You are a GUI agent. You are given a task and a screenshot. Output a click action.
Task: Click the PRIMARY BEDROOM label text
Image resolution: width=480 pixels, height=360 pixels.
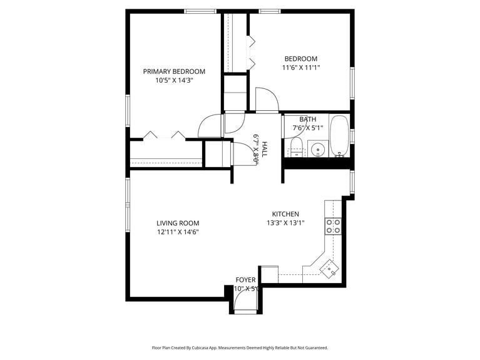pos(173,71)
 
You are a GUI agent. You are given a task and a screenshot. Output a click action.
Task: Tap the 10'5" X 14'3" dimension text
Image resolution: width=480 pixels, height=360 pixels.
pos(173,80)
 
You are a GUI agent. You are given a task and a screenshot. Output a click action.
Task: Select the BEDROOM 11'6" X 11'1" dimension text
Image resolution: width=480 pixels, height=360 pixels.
pos(302,68)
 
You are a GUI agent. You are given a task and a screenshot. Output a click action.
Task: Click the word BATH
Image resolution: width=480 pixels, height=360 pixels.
pos(307,119)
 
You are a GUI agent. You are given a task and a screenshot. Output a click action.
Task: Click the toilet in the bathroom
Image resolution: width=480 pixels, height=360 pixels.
pos(295,148)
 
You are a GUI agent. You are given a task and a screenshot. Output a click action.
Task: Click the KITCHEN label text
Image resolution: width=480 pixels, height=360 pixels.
pos(285,213)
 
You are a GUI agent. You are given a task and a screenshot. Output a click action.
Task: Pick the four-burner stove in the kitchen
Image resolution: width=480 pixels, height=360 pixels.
pos(334,225)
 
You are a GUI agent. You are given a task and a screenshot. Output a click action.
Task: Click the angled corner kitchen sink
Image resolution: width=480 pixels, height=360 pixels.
pos(329,268)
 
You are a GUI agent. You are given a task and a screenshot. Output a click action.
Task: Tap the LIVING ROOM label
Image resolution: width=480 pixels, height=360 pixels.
pos(178,223)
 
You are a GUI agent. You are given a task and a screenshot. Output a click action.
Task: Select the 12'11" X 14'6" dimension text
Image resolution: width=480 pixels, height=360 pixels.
pos(178,232)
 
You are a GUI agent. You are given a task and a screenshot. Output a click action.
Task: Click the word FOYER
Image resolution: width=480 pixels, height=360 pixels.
pos(245,279)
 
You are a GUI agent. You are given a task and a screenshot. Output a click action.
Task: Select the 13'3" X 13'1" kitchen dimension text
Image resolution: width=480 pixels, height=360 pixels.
pos(285,222)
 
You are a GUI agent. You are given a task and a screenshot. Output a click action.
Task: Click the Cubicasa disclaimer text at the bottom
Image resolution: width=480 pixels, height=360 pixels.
pos(240,347)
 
